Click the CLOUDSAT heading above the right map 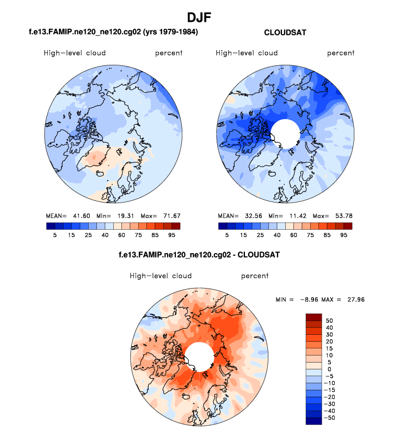(285, 33)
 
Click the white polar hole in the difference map (199, 357)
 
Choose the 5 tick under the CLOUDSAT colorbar (227, 235)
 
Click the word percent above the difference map (255, 276)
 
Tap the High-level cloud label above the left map (75, 53)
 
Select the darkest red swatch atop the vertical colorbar (314, 317)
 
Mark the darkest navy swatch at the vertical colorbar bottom (314, 421)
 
